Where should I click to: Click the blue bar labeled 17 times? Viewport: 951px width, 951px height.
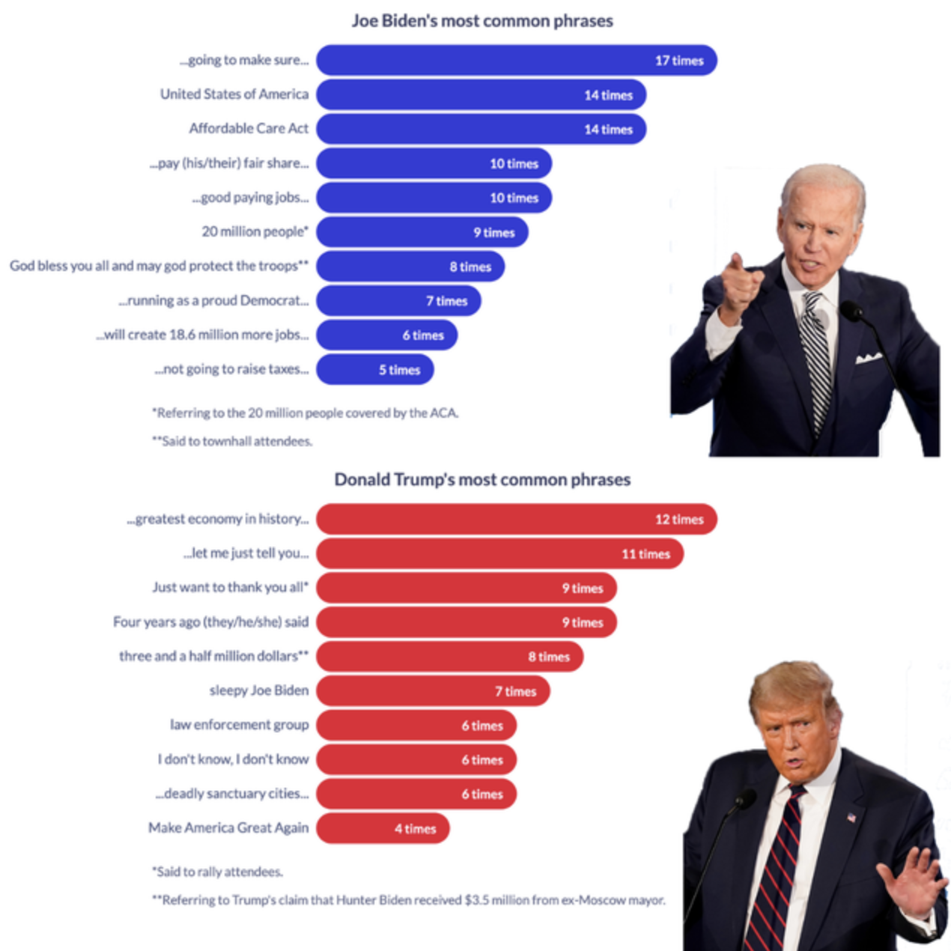pyautogui.click(x=516, y=60)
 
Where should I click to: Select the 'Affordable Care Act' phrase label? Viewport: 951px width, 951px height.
pyautogui.click(x=249, y=129)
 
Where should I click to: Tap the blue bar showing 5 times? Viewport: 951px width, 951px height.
pyautogui.click(x=374, y=370)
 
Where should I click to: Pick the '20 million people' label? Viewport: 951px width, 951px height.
pyautogui.click(x=255, y=231)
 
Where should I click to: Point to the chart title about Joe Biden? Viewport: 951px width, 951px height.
pyautogui.click(x=482, y=21)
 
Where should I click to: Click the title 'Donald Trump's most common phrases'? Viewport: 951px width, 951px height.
pyautogui.click(x=482, y=479)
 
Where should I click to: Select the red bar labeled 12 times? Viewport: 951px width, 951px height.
pyautogui.click(x=516, y=519)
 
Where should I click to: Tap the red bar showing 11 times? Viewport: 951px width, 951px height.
pyautogui.click(x=499, y=554)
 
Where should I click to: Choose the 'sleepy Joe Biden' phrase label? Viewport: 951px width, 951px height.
pyautogui.click(x=259, y=690)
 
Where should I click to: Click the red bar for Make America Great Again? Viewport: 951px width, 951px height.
pyautogui.click(x=383, y=828)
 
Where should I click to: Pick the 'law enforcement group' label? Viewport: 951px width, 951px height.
pyautogui.click(x=239, y=725)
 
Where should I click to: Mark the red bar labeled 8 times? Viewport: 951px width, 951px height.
pyautogui.click(x=449, y=657)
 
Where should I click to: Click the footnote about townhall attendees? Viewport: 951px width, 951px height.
pyautogui.click(x=232, y=441)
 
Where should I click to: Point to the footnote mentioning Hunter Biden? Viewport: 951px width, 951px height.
pyautogui.click(x=409, y=900)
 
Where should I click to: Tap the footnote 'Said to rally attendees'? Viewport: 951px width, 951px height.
pyautogui.click(x=217, y=872)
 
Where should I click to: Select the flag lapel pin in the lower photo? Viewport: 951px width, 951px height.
pyautogui.click(x=851, y=817)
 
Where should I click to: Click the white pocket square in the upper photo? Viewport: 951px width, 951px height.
pyautogui.click(x=868, y=358)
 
